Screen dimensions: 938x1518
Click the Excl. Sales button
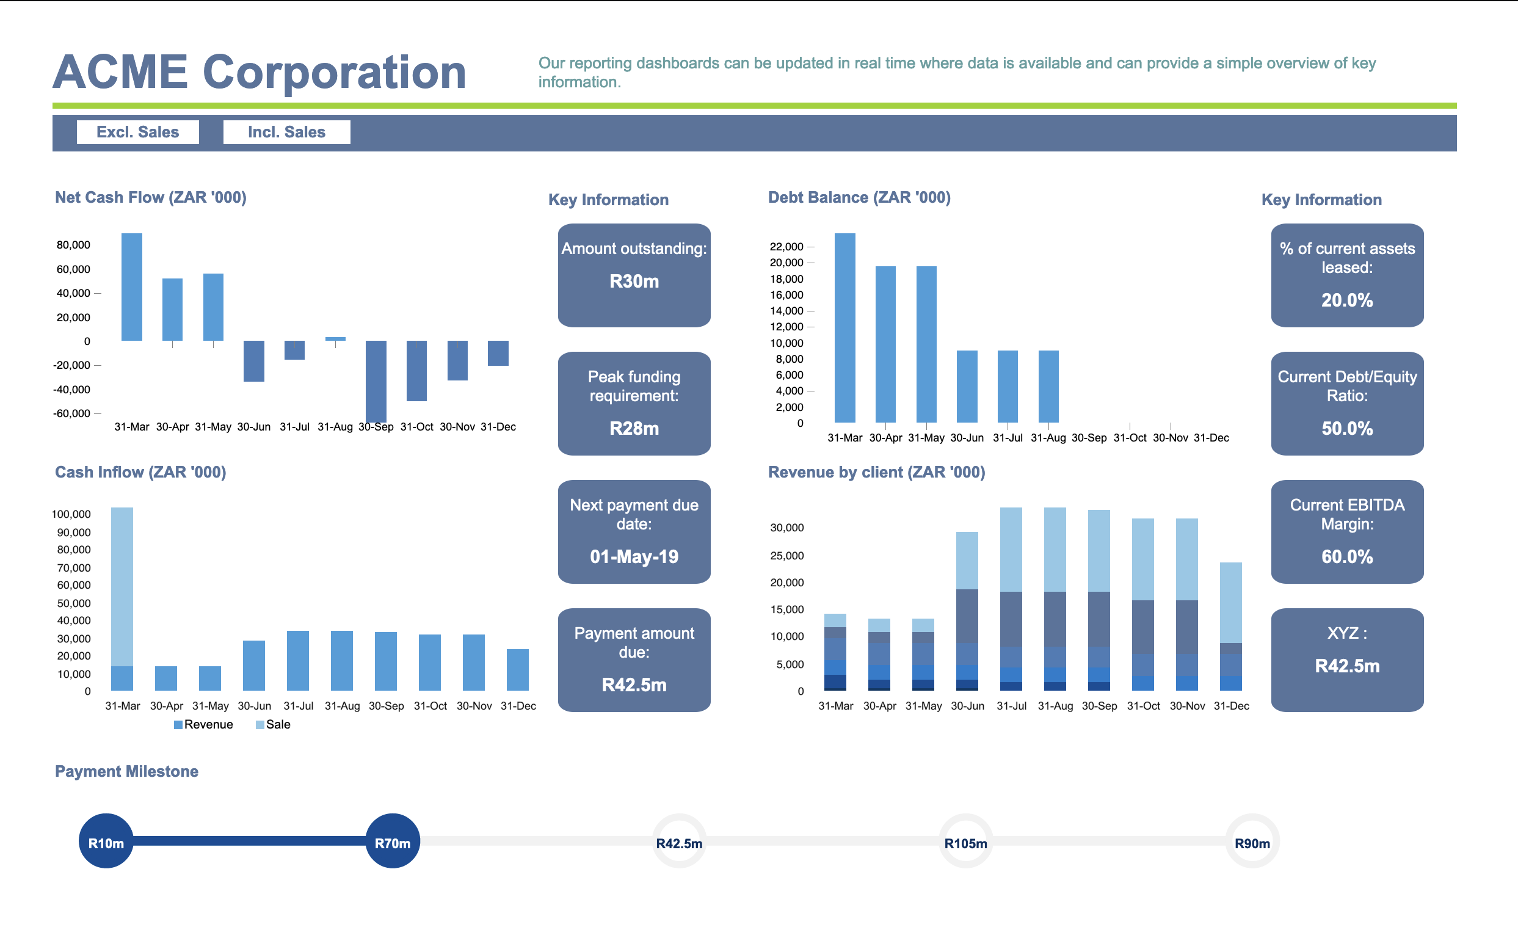point(137,132)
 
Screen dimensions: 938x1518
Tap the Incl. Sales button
point(286,132)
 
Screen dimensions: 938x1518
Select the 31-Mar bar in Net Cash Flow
point(131,286)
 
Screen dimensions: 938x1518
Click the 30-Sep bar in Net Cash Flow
point(376,381)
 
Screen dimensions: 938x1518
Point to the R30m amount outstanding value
point(633,281)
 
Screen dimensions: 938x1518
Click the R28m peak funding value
point(633,428)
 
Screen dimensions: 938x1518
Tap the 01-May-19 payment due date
point(633,556)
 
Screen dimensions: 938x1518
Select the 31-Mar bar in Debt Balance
point(844,327)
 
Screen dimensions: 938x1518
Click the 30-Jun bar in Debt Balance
point(967,386)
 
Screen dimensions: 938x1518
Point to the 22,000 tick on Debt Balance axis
point(786,246)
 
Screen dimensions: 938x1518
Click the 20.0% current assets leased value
point(1346,300)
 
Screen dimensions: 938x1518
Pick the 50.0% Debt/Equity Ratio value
point(1346,428)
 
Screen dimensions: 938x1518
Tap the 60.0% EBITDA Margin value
point(1346,556)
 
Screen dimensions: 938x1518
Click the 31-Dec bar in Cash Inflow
point(517,669)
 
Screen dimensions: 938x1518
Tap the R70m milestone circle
point(392,841)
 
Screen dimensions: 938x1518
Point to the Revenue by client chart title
point(876,472)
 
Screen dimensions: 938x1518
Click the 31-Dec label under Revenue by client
point(1231,706)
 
